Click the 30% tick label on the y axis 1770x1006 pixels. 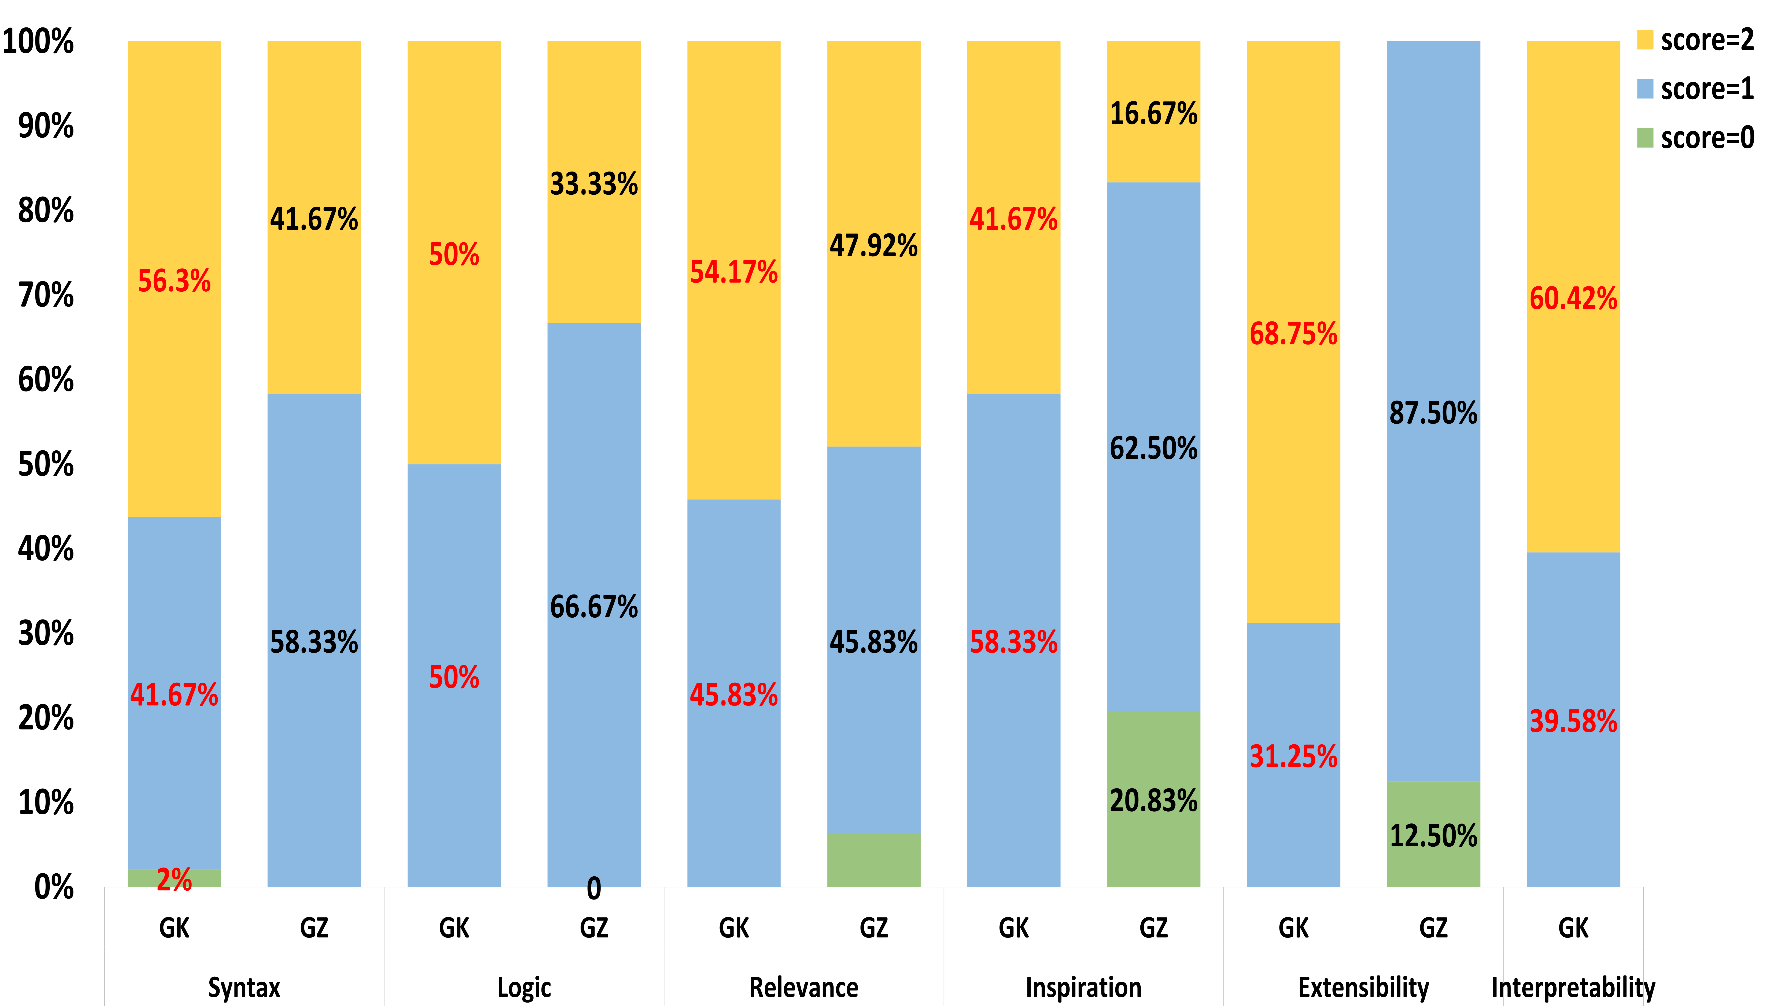[x=46, y=634]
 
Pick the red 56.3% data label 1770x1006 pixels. [x=174, y=281]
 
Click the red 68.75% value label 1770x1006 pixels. [x=1293, y=334]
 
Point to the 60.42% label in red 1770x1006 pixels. [x=1573, y=299]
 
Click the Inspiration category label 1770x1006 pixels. [x=1083, y=987]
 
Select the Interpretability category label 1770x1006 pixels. [x=1573, y=987]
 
